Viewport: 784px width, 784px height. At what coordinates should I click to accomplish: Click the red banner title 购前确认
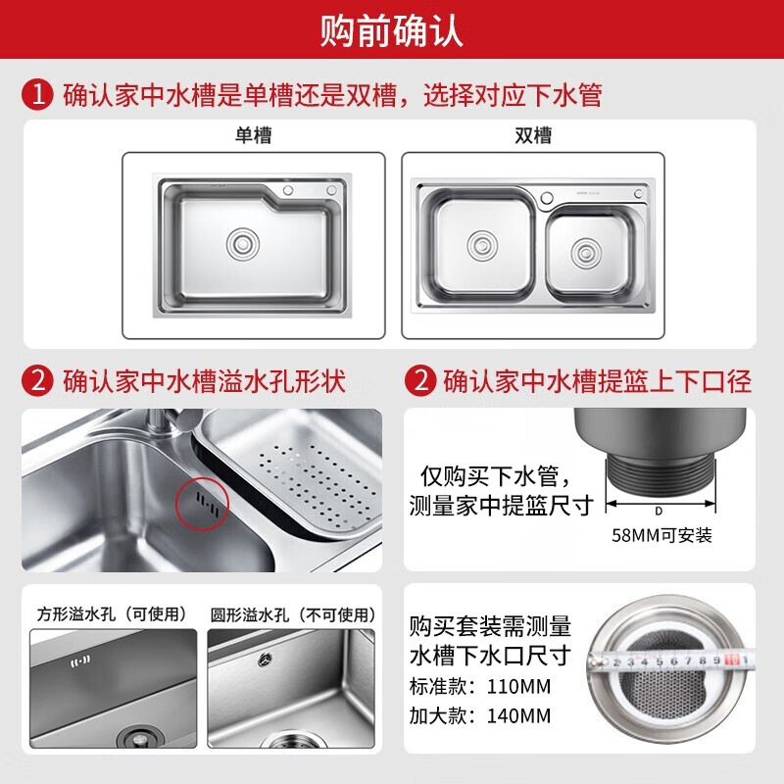click(x=391, y=31)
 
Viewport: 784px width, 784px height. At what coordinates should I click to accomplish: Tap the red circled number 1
click(x=37, y=94)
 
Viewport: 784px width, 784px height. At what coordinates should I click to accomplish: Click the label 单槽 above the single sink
click(x=254, y=135)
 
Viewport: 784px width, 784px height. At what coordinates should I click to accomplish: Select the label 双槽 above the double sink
click(x=533, y=135)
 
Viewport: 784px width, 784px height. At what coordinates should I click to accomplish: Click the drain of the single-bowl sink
click(x=242, y=244)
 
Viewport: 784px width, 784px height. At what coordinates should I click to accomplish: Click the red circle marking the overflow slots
click(x=202, y=504)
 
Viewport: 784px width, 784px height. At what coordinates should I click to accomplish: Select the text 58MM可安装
click(x=661, y=535)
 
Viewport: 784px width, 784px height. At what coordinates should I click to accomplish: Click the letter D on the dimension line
click(x=659, y=511)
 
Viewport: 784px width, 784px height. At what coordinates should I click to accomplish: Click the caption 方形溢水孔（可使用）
click(x=112, y=614)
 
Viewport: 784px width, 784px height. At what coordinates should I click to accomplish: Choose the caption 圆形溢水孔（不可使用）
click(x=293, y=614)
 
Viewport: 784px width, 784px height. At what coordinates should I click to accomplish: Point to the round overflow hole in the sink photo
click(x=265, y=660)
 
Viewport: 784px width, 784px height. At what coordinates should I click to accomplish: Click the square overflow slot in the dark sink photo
click(x=80, y=662)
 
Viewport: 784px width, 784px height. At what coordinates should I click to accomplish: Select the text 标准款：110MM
click(x=480, y=687)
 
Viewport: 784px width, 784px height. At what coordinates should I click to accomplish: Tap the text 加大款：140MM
click(x=480, y=715)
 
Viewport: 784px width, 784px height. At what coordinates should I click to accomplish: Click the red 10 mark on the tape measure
click(x=731, y=660)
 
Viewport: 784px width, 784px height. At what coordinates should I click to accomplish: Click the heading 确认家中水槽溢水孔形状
click(x=204, y=381)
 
